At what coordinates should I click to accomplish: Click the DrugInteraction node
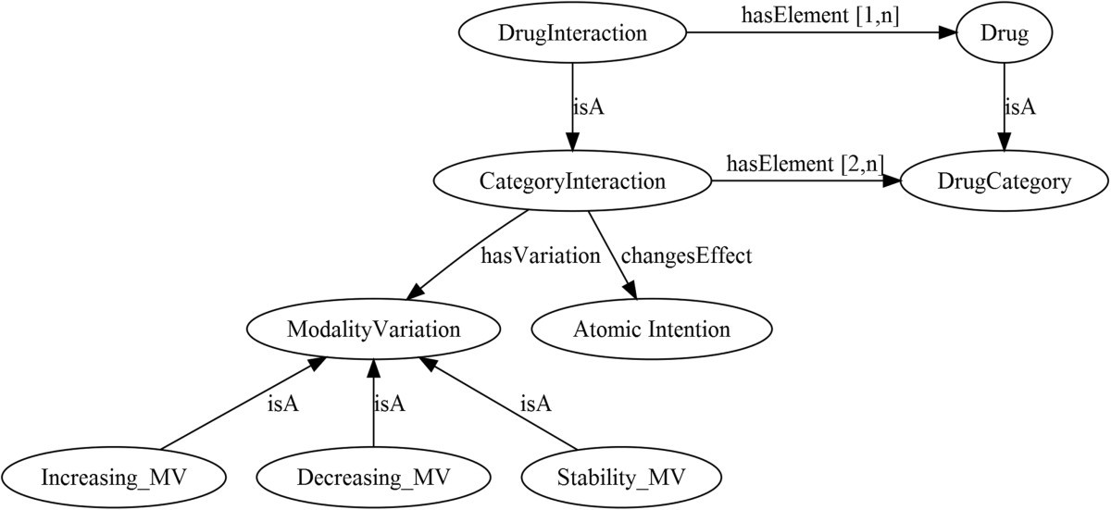(572, 33)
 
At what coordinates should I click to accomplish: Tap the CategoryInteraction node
(572, 181)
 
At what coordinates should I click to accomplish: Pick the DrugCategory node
(1004, 181)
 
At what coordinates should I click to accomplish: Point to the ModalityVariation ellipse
(373, 330)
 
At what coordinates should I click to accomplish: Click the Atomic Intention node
(652, 330)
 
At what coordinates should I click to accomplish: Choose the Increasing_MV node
(121, 478)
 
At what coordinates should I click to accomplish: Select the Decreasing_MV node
(373, 478)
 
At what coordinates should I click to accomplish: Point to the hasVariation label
(541, 256)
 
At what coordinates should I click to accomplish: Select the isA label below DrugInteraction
(589, 107)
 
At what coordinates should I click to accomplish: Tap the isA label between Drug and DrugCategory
(1020, 107)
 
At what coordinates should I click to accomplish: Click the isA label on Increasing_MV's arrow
(282, 404)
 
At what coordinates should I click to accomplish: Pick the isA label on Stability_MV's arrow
(535, 404)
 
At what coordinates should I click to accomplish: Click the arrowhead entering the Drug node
(946, 33)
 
